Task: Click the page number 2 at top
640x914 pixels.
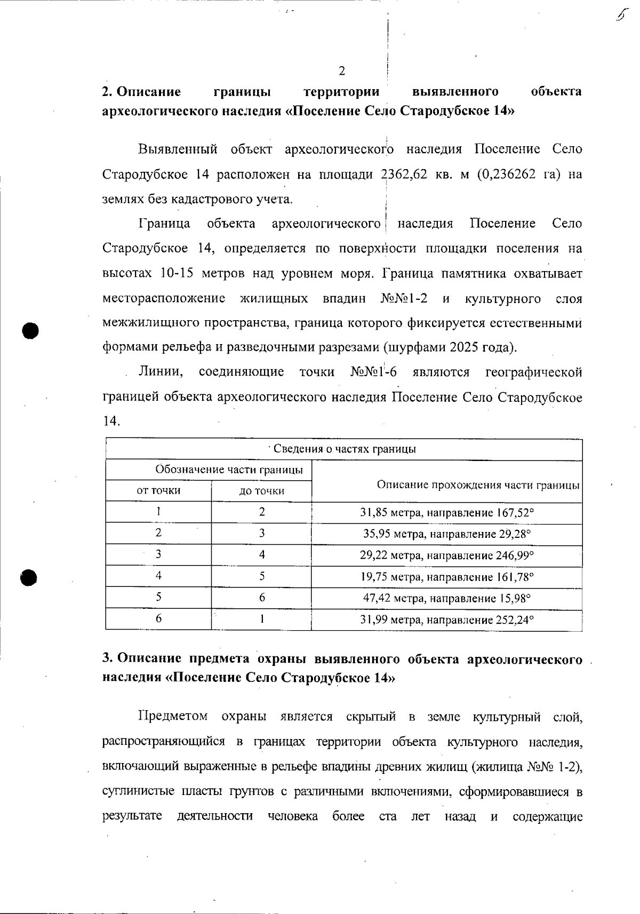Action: tap(342, 71)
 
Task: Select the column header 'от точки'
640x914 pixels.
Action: tap(158, 490)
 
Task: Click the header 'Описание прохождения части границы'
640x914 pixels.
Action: tap(478, 485)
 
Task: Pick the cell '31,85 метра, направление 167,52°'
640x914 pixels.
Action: tap(446, 513)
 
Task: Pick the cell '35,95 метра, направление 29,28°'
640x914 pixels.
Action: tap(446, 534)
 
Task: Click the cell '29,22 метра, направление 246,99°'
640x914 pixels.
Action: tap(446, 555)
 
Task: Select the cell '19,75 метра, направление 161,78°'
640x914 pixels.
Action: tap(446, 577)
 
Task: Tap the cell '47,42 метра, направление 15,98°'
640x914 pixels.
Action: tap(446, 598)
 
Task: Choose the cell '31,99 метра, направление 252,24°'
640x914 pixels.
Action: tap(446, 620)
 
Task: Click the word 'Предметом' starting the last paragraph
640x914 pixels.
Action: tap(173, 716)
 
